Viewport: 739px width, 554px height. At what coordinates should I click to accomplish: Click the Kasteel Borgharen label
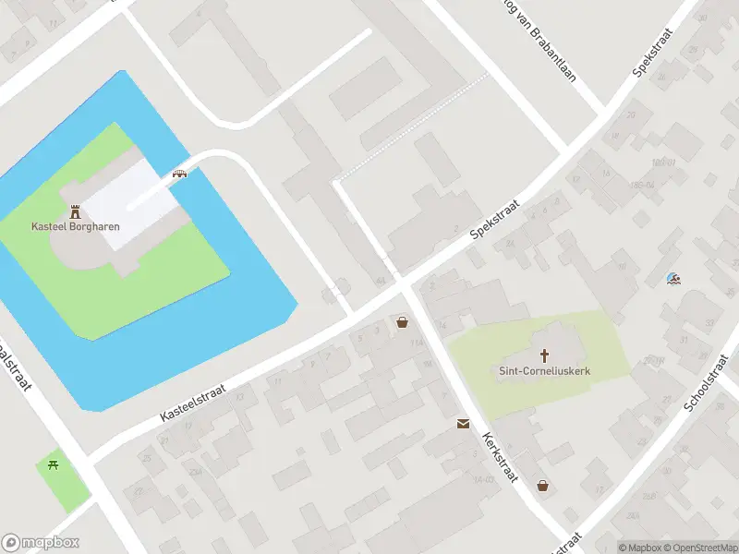(76, 226)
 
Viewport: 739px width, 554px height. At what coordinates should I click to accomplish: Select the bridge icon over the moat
(180, 173)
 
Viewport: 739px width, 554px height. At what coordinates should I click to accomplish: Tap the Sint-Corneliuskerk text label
(545, 371)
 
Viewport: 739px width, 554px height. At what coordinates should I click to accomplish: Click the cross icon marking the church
(545, 355)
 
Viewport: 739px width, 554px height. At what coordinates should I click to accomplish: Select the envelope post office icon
(462, 424)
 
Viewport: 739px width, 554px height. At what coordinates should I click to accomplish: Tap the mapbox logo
(41, 543)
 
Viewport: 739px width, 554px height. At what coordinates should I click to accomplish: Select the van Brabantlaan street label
(539, 41)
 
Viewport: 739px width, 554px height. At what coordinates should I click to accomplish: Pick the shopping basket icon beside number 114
(402, 322)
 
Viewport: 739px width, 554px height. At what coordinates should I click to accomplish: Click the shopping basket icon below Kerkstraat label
(543, 485)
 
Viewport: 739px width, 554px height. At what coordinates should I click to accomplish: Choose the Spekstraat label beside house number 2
(495, 219)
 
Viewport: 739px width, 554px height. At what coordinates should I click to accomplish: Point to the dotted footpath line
(411, 128)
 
